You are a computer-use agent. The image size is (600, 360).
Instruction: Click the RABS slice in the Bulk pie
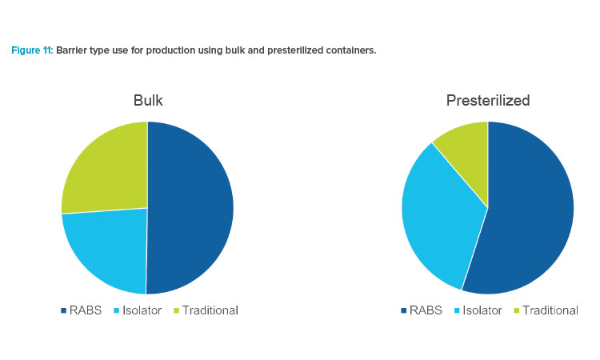(190, 208)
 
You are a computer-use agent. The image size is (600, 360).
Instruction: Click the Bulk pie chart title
(148, 101)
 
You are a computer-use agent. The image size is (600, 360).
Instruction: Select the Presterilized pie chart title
(488, 101)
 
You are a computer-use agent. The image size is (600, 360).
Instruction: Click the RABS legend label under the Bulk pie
(86, 310)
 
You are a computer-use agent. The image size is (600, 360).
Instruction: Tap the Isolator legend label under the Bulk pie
(142, 310)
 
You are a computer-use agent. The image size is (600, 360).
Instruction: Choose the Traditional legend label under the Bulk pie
(210, 310)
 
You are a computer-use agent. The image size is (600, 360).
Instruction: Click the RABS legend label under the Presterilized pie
(426, 310)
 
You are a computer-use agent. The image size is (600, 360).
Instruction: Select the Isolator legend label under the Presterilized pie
(482, 310)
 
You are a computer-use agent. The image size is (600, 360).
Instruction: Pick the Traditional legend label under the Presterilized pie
(550, 310)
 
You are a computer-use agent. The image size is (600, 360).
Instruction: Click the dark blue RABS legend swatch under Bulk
(63, 310)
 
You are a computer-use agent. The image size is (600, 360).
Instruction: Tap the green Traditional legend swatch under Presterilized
(517, 310)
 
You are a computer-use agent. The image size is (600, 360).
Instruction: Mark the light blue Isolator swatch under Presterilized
(457, 310)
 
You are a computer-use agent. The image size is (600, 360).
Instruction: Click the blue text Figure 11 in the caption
(32, 50)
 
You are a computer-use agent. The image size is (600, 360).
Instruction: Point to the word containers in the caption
(351, 50)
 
